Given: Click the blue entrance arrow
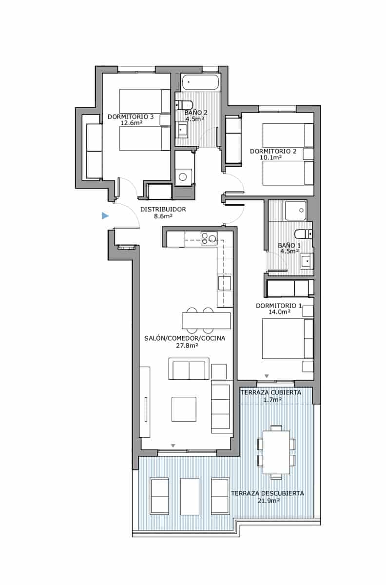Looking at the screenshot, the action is coord(105,215).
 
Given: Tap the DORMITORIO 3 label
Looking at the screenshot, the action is coord(131,117).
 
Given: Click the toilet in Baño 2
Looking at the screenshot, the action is coord(184,105).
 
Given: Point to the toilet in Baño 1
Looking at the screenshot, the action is coord(303,234).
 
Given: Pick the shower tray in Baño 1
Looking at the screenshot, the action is coord(296,210).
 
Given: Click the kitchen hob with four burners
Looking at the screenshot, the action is coord(209,238).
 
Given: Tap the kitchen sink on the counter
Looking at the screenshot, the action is coord(225,283).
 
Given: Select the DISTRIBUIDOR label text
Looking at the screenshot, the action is coord(163,209).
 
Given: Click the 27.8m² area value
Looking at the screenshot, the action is coord(187,346).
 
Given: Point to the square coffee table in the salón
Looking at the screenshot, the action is coord(184,409).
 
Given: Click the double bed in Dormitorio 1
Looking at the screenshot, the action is coord(288,338).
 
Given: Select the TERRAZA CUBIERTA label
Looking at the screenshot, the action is coord(271,392).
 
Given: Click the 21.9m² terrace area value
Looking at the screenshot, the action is coord(269,501).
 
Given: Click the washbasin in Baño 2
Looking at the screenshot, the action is coord(181,130).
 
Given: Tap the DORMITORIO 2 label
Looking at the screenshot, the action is coord(273,151).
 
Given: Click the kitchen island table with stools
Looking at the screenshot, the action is coord(206,320).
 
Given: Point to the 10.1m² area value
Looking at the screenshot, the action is coord(271,157).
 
